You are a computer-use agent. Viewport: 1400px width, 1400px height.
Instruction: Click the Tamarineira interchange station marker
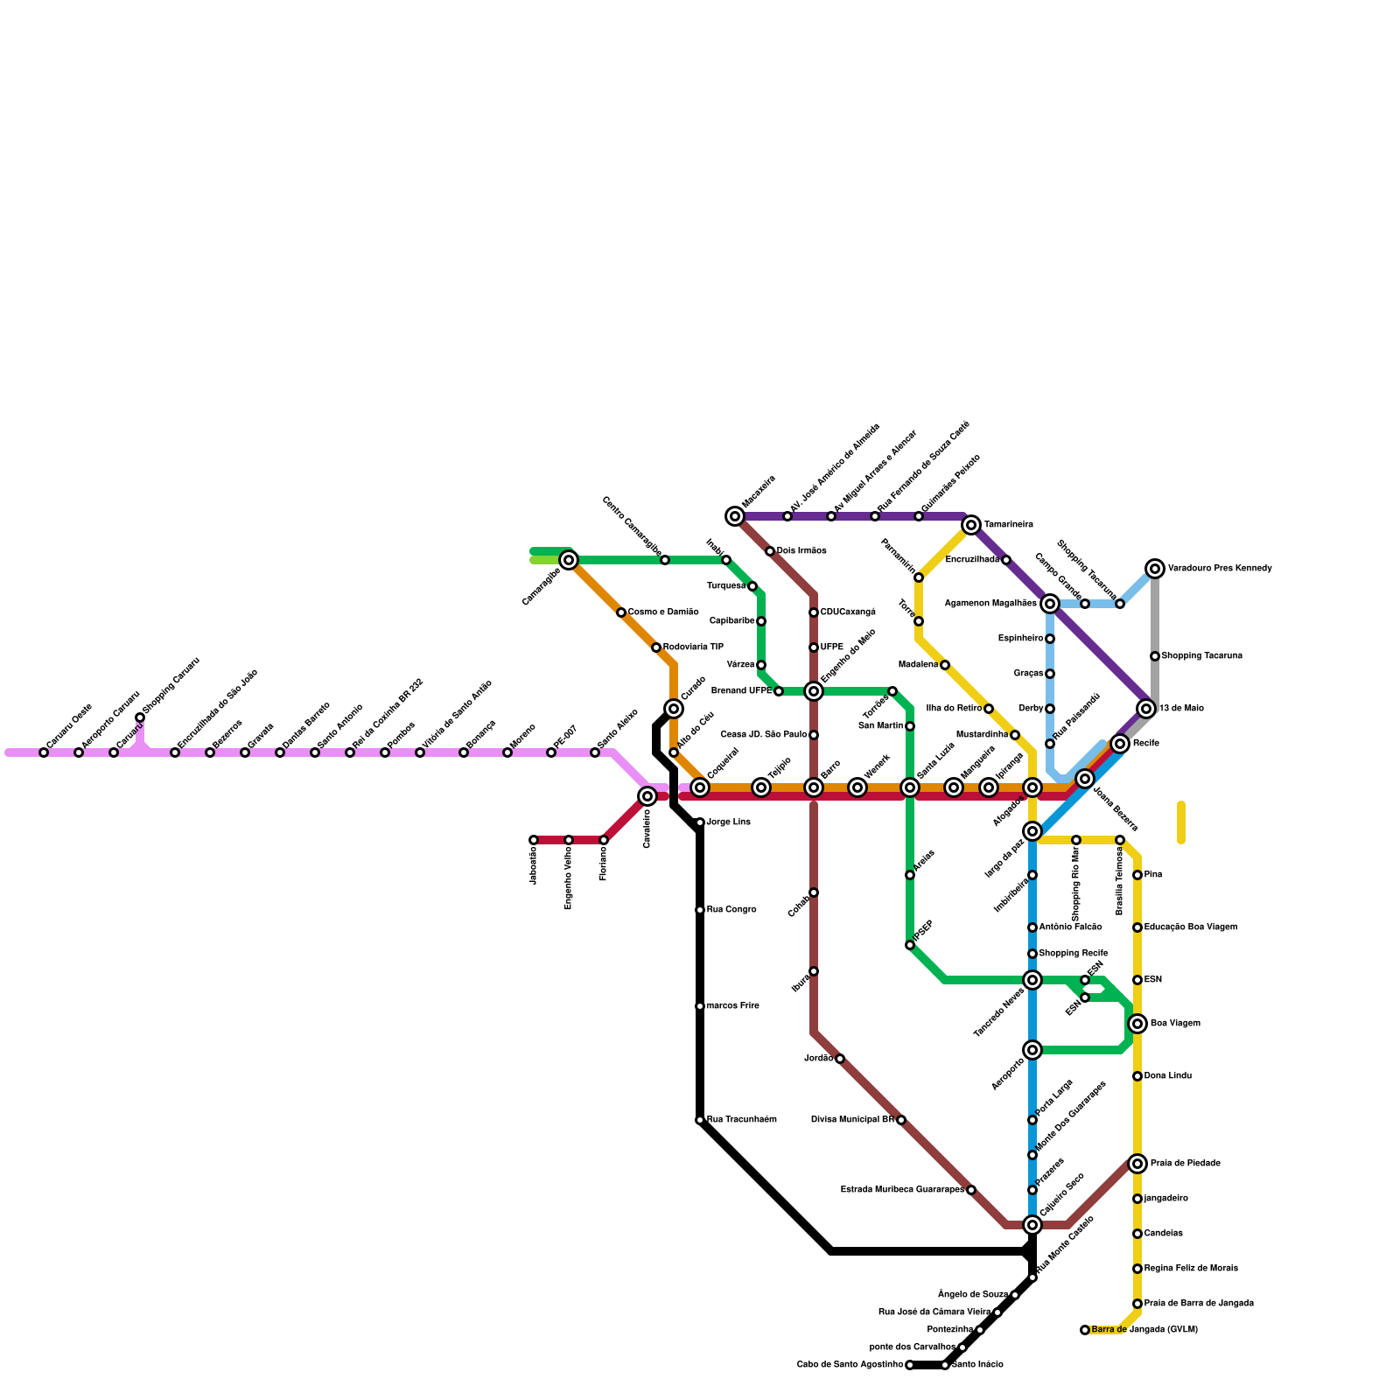coord(970,525)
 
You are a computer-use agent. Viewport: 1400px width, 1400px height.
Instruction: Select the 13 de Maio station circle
coord(1146,709)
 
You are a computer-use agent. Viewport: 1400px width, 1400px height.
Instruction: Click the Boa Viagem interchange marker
coord(1137,1024)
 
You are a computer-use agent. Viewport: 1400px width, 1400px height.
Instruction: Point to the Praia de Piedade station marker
coord(1137,1164)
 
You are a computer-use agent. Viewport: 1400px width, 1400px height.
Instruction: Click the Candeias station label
coord(1163,1234)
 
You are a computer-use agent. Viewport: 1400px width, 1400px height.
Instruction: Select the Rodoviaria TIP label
coord(693,647)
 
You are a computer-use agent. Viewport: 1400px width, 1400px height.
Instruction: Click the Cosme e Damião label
coord(663,612)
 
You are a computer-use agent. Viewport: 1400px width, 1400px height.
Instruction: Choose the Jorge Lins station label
coord(728,822)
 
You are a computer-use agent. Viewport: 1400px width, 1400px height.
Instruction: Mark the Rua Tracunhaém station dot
coord(700,1120)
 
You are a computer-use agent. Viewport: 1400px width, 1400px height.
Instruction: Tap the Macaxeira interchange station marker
coord(735,516)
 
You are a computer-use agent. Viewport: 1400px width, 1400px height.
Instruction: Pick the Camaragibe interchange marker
coord(569,560)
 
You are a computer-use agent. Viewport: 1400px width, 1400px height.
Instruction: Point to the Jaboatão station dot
coord(534,840)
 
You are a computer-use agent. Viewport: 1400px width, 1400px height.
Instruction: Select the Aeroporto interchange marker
coord(1032,1050)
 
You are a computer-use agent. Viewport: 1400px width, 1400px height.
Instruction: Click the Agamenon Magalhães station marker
coord(1050,604)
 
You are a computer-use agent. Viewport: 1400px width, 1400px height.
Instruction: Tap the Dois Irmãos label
coord(801,551)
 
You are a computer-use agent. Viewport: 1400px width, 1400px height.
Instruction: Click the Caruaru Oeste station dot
coord(44,752)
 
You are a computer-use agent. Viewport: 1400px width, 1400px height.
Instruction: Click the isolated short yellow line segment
coord(1181,822)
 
